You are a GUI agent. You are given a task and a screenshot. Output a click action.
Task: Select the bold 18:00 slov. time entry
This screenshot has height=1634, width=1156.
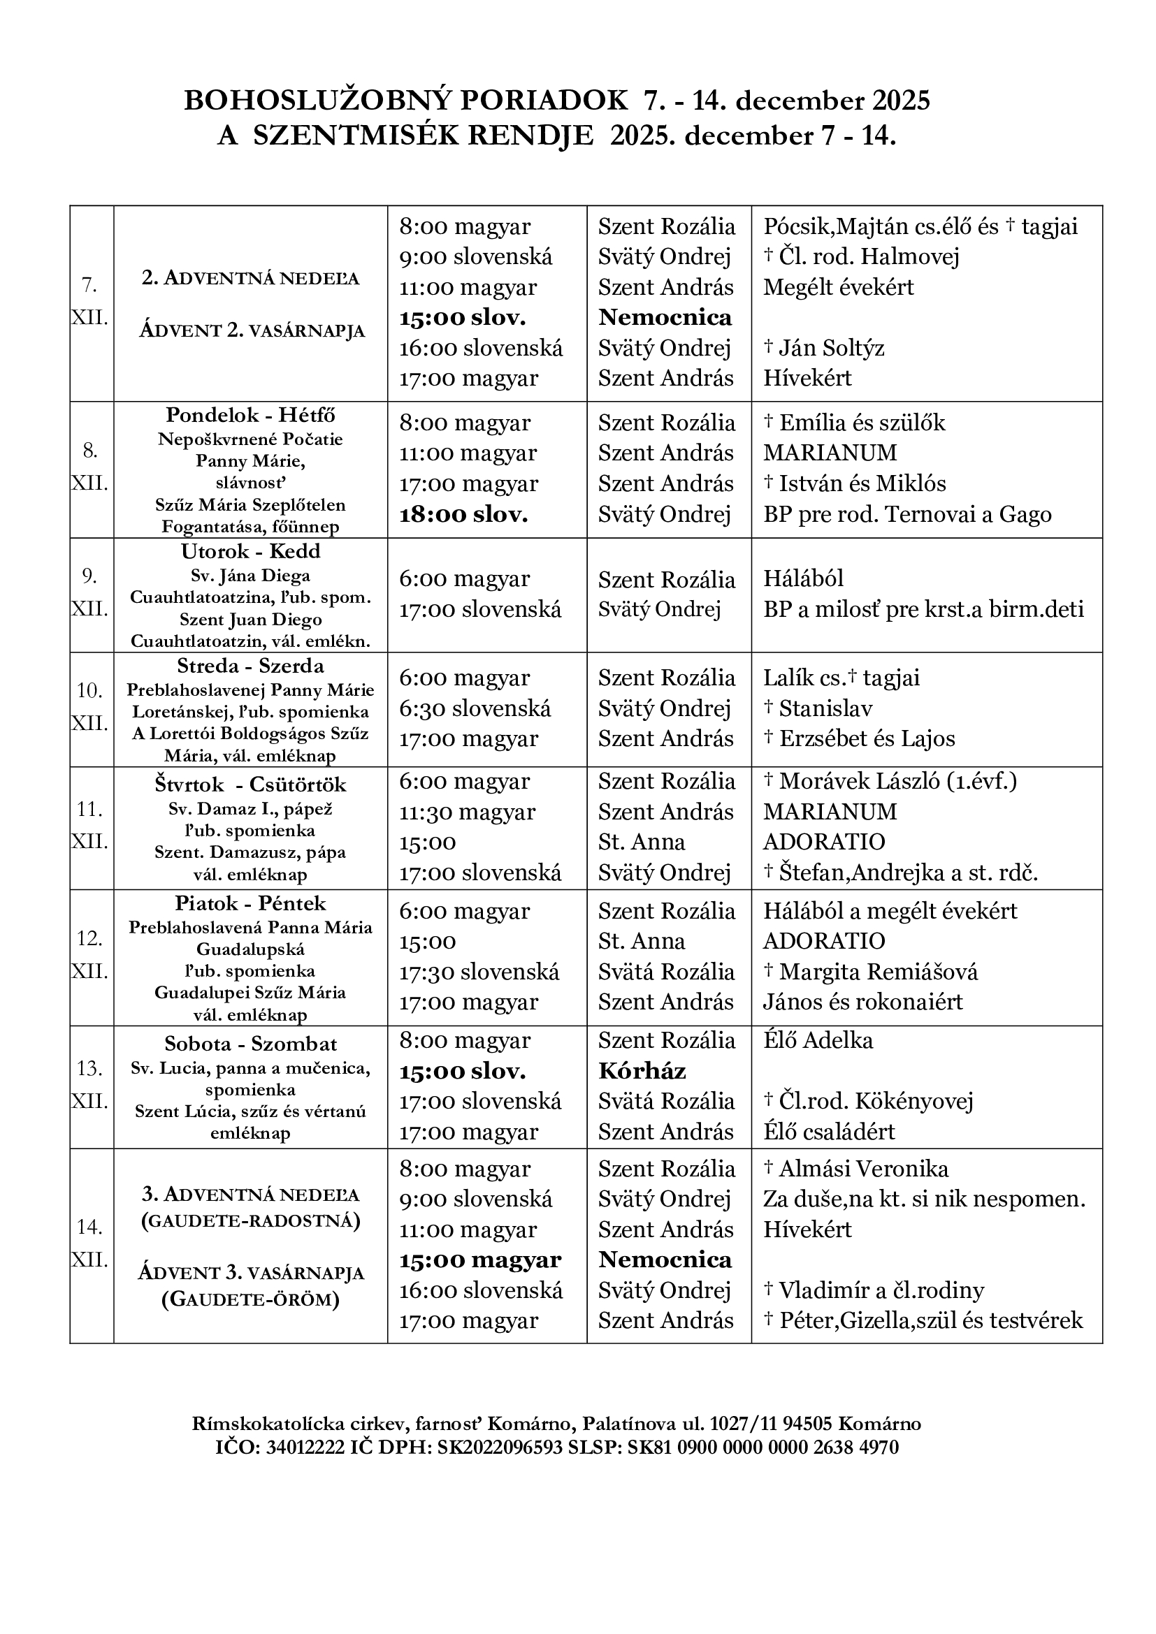click(463, 515)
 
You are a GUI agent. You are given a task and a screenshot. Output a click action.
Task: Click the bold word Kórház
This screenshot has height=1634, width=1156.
click(642, 1071)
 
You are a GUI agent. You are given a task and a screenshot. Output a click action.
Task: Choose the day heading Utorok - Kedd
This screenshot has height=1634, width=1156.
click(251, 552)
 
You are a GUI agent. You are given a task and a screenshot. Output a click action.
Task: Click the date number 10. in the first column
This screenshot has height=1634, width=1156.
click(89, 690)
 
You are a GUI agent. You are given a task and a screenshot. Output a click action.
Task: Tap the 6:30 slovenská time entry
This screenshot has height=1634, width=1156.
click(475, 708)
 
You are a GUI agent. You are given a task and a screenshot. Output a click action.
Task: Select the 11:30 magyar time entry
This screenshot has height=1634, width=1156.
click(467, 812)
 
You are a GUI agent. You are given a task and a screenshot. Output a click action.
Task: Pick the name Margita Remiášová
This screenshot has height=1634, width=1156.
click(879, 972)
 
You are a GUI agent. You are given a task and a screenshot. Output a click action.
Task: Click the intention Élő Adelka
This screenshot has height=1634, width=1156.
click(818, 1040)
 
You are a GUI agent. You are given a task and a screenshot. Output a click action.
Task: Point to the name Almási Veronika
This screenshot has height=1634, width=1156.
click(863, 1169)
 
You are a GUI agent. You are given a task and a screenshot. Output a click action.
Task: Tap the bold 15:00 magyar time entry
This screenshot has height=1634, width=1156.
click(479, 1260)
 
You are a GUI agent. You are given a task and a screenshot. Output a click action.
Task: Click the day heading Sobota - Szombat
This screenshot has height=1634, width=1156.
click(251, 1044)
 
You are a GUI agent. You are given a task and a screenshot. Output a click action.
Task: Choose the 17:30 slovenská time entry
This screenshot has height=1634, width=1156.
click(479, 972)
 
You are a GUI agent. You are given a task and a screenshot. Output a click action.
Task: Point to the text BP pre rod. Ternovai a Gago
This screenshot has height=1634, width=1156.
click(908, 515)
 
